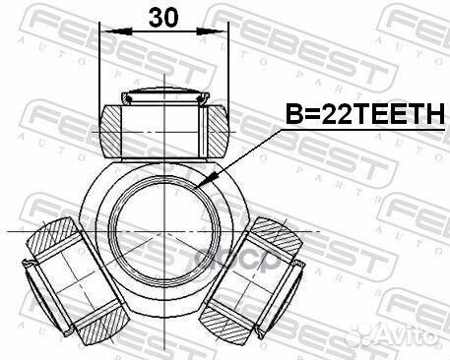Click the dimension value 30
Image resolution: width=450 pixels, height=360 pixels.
[164, 17]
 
